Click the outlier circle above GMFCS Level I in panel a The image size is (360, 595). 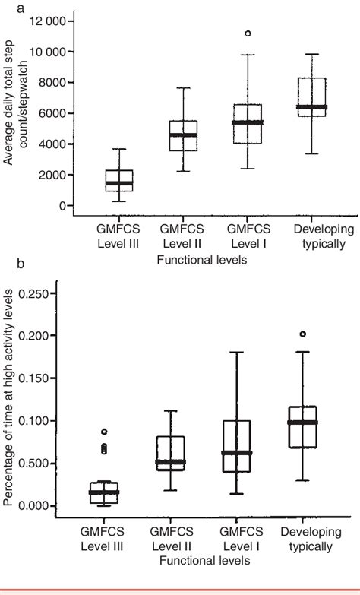(248, 33)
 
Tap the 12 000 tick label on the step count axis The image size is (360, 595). (45, 21)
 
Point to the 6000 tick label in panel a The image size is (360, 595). (52, 113)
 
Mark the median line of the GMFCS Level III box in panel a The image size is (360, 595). (119, 183)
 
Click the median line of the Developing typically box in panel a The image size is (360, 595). (311, 107)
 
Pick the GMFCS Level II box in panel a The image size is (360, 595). (183, 135)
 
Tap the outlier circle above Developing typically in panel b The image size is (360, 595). (304, 334)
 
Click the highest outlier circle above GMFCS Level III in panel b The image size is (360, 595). (105, 432)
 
